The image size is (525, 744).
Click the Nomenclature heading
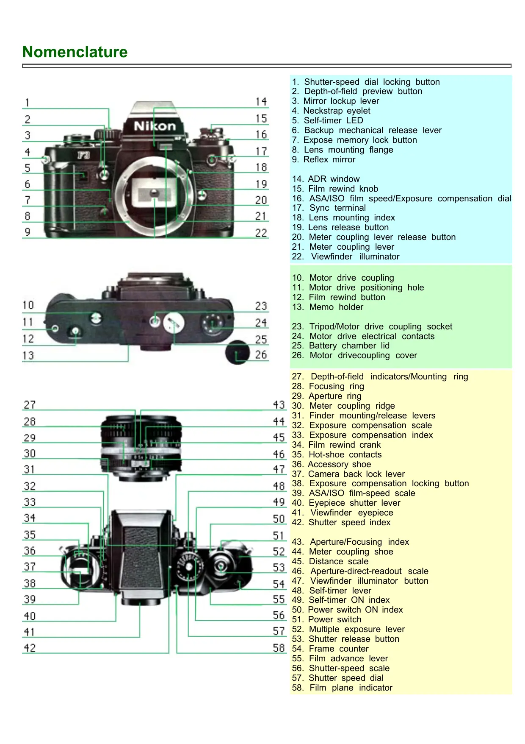coord(75,52)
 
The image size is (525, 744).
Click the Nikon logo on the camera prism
coord(155,126)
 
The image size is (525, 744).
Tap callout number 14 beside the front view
coord(261,102)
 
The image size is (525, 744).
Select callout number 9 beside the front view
coord(28,232)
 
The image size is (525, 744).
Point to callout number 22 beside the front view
coord(261,233)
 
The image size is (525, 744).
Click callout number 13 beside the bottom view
coord(28,355)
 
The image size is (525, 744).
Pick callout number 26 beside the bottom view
coord(261,354)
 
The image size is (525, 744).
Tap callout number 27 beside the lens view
coord(30,405)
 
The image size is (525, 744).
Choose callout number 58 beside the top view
coord(279,648)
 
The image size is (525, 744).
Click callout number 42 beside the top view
coord(30,648)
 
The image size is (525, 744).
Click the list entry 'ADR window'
coord(326,179)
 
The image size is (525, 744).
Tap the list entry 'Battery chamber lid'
coord(341,346)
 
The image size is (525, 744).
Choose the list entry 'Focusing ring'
coord(328,386)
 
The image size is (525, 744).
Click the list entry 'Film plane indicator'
coord(342,688)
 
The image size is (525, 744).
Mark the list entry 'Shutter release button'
coord(345,639)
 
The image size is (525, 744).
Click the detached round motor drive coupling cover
coord(238,352)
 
